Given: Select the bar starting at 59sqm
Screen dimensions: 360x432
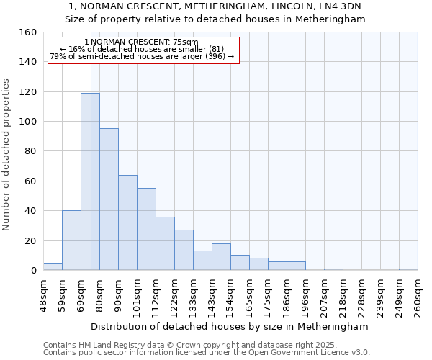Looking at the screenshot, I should [71, 240].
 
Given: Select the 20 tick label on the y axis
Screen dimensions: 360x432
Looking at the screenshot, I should [31, 241].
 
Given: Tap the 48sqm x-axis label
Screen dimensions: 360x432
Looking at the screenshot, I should [44, 294].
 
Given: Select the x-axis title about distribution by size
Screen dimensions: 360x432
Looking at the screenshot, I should [230, 326].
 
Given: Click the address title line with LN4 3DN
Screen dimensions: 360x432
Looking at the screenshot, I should [215, 6].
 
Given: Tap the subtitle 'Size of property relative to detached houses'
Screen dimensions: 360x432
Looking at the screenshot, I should [215, 19].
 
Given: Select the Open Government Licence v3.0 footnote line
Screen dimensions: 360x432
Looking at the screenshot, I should [206, 352].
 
